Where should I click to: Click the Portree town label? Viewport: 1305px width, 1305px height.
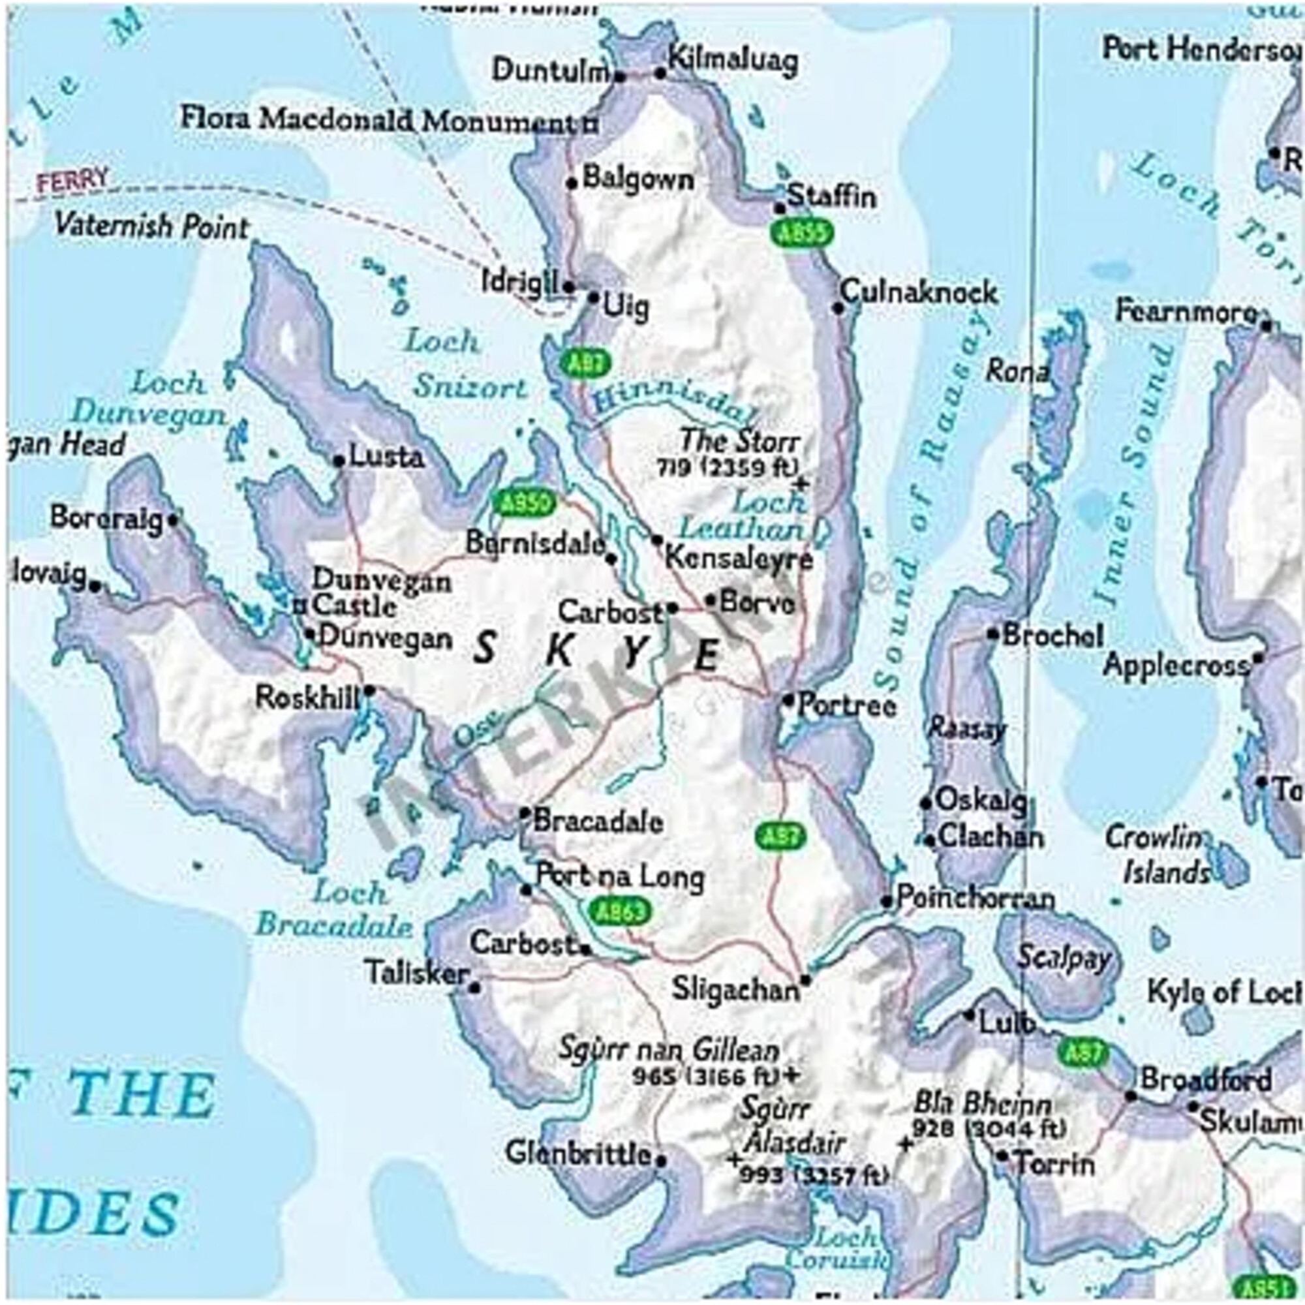click(x=847, y=705)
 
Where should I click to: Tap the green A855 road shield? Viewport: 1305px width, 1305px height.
click(x=801, y=233)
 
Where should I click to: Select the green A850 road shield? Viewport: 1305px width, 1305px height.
click(x=525, y=502)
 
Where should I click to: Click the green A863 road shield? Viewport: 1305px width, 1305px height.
click(x=620, y=910)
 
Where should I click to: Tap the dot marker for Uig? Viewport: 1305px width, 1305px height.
click(x=594, y=297)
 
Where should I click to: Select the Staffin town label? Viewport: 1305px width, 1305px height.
click(x=831, y=196)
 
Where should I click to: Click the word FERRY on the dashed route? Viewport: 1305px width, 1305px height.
click(x=72, y=180)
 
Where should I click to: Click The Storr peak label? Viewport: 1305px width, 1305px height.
click(x=740, y=441)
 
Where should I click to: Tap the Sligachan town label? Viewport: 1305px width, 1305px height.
click(x=735, y=990)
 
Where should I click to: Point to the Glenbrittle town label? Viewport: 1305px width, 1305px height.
click(x=579, y=1153)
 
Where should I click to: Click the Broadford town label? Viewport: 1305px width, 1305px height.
click(x=1206, y=1079)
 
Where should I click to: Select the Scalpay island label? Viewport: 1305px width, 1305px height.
click(x=1064, y=958)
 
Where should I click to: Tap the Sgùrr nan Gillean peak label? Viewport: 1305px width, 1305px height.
click(x=669, y=1051)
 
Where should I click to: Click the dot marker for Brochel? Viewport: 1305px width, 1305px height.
click(x=992, y=634)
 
